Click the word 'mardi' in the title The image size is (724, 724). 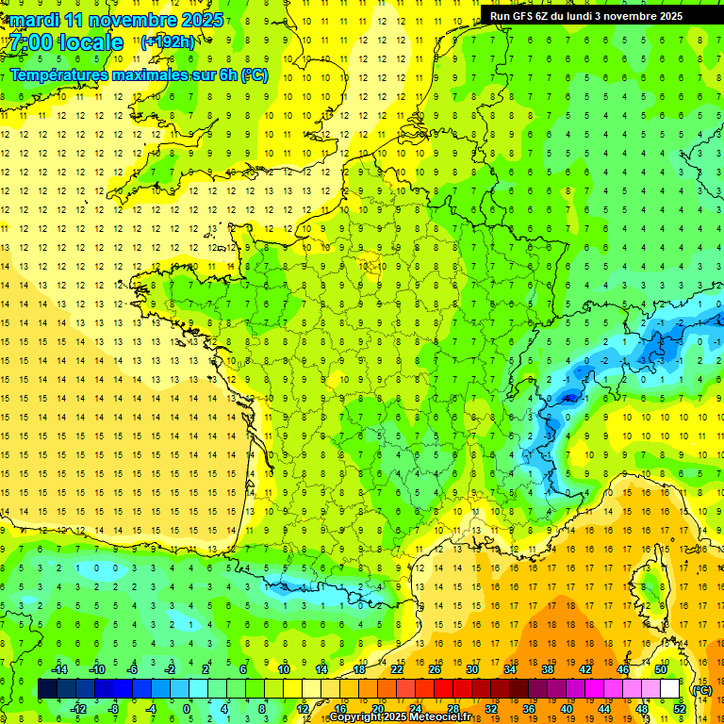point(35,20)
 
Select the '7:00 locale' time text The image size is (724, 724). point(67,42)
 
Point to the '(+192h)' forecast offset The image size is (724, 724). point(168,42)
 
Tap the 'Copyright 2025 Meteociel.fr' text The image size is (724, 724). point(400,717)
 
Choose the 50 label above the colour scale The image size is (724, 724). point(660,669)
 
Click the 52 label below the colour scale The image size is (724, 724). point(679,708)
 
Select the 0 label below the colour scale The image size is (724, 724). point(188,708)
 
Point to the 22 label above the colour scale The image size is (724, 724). point(397,669)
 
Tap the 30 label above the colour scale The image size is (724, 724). point(472,669)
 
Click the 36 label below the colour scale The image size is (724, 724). point(529,708)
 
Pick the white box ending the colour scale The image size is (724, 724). point(669,689)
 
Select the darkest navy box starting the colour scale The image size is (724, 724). point(48,689)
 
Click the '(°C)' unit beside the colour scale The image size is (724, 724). point(701,689)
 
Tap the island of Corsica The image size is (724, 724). point(650,589)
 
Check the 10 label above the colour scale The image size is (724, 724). point(284,669)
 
